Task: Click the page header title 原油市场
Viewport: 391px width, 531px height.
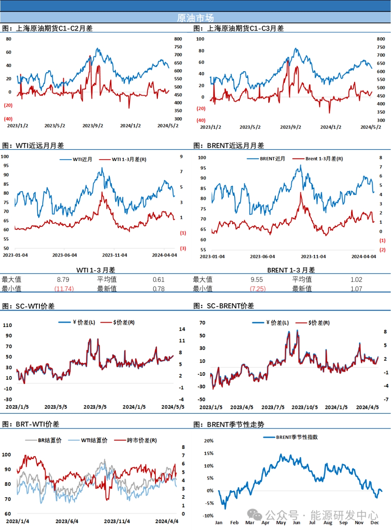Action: pos(195,18)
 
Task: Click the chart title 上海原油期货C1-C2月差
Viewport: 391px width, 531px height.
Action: pos(54,28)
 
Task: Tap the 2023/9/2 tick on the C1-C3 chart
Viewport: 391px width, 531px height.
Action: pos(290,127)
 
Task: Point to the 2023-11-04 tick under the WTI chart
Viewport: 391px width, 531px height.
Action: pos(114,255)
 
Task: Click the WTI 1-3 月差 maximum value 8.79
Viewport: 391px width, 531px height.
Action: pos(63,279)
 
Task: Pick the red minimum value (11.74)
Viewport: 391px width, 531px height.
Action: pos(64,289)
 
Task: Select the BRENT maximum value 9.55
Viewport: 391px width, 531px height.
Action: pos(257,279)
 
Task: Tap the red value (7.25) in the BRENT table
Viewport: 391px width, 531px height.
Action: pos(258,289)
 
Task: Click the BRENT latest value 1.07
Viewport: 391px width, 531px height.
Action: pos(356,289)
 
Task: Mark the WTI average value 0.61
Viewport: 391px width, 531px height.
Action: pos(159,279)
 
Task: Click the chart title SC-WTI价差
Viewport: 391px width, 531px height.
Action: pos(35,306)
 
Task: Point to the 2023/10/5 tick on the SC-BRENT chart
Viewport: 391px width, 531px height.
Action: pos(304,407)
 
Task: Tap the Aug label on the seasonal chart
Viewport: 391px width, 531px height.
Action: pos(328,523)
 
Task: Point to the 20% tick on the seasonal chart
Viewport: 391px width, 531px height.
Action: pos(209,441)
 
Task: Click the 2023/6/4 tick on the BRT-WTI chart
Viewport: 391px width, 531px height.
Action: pos(67,521)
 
